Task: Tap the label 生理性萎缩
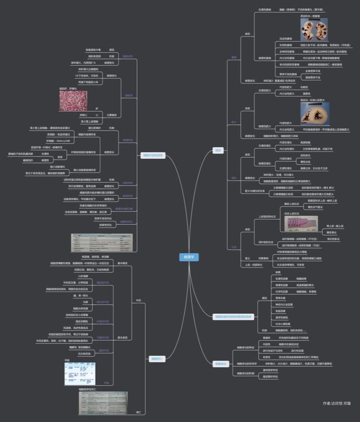click(x=265, y=10)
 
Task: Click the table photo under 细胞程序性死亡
click(x=104, y=403)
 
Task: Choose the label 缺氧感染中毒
click(x=93, y=49)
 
